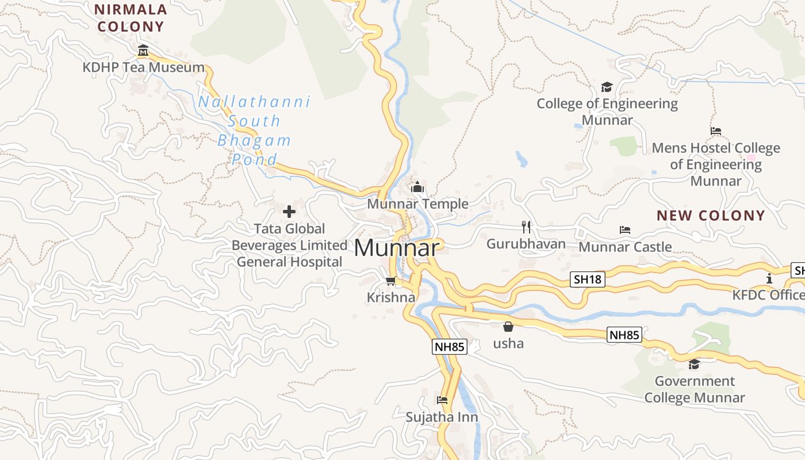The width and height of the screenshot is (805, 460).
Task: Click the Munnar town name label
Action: click(x=397, y=248)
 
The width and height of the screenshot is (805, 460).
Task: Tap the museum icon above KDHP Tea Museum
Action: click(x=143, y=51)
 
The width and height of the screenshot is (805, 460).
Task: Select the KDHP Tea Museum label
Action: click(x=143, y=67)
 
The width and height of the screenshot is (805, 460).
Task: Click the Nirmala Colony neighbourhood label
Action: click(x=131, y=18)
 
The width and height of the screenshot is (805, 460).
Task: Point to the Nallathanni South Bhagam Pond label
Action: click(x=254, y=131)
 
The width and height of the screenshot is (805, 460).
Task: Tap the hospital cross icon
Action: click(x=289, y=212)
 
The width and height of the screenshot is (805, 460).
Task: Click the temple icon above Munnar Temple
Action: click(x=417, y=187)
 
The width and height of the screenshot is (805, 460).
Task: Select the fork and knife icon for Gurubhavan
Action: click(x=526, y=227)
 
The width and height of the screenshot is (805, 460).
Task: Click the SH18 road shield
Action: click(x=588, y=279)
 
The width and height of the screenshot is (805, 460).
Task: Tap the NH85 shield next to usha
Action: click(x=624, y=335)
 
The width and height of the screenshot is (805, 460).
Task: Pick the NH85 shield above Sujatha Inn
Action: click(x=449, y=347)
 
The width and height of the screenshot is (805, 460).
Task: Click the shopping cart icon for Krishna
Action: click(x=390, y=281)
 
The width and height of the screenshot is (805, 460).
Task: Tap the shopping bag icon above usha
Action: click(x=508, y=327)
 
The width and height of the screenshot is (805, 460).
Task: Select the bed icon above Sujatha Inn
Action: click(x=442, y=400)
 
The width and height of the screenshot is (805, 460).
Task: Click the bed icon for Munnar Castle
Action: click(x=625, y=230)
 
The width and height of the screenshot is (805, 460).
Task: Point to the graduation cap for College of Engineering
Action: click(x=607, y=87)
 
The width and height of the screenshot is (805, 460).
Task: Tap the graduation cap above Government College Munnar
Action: click(x=694, y=365)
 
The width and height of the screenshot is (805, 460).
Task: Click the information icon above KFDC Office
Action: click(x=769, y=279)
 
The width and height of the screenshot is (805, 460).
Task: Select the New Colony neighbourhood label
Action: click(x=711, y=216)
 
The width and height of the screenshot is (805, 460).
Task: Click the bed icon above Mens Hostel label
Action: click(x=716, y=131)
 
